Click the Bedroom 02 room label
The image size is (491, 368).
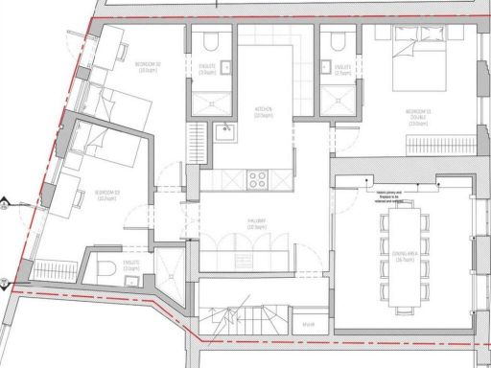148,67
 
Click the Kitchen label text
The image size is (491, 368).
265,112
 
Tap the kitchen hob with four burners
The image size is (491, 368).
258,177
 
